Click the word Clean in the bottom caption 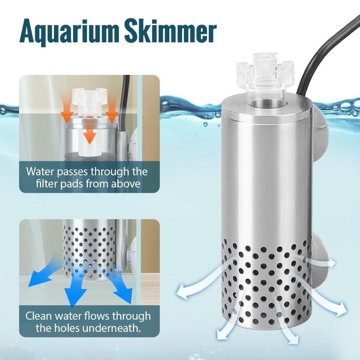[x=39, y=316]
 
